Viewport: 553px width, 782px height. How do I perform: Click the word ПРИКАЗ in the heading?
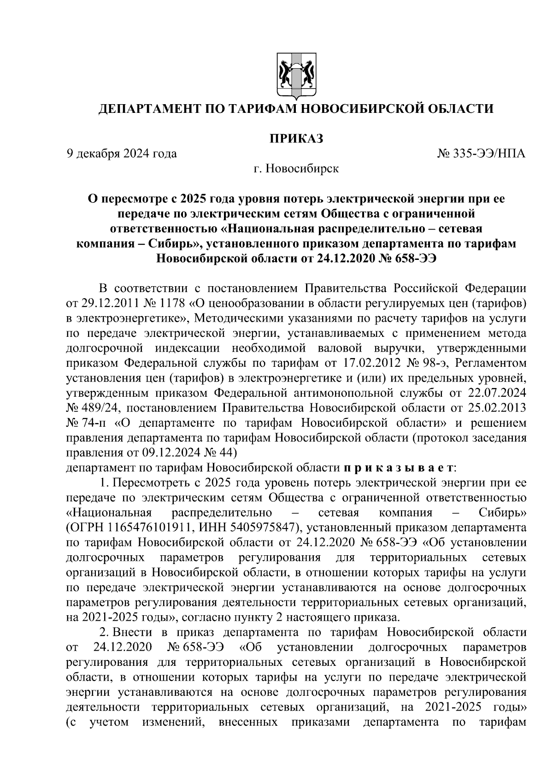pyautogui.click(x=295, y=138)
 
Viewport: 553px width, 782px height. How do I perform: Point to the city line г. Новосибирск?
pyautogui.click(x=295, y=169)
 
